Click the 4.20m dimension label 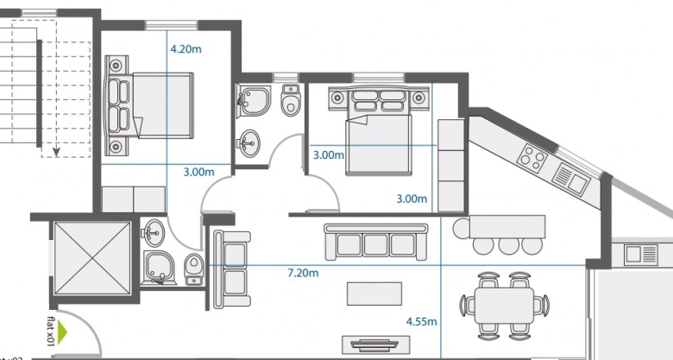tap(186, 49)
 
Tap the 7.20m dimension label tap(303, 273)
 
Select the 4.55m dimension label tap(421, 322)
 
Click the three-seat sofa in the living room tap(375, 242)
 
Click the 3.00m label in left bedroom tap(198, 172)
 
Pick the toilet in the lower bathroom tap(193, 267)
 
